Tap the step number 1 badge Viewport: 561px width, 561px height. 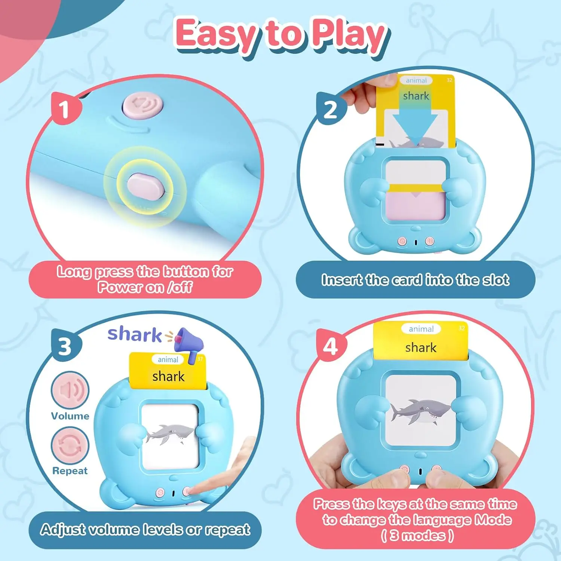[65, 109]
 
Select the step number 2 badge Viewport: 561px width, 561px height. [330, 110]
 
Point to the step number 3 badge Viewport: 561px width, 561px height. [65, 346]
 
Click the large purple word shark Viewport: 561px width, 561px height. [135, 334]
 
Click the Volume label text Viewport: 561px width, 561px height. [70, 416]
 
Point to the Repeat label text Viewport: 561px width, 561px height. [70, 470]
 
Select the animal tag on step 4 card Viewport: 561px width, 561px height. [421, 329]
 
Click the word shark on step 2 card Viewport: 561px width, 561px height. [416, 96]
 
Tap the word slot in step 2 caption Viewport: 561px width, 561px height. [496, 280]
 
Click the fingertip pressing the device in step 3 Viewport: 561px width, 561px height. [193, 489]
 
